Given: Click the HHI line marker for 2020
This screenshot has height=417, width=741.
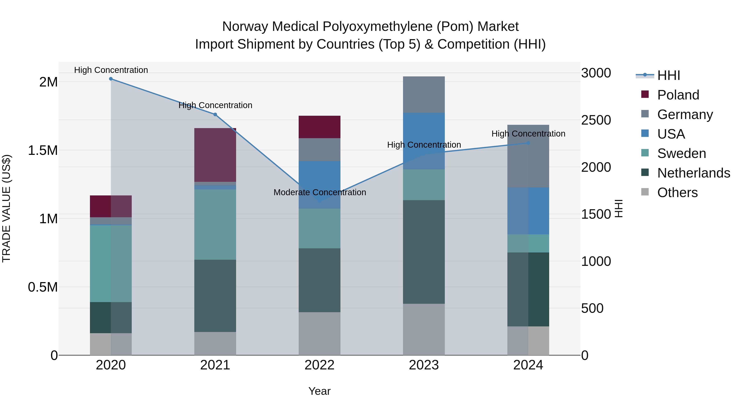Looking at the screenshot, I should click(111, 79).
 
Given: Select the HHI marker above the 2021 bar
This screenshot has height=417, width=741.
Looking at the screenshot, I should click(215, 114).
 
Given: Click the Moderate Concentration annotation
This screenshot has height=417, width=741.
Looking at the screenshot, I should click(320, 192).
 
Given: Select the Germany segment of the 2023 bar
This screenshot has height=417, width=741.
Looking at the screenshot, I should click(424, 94).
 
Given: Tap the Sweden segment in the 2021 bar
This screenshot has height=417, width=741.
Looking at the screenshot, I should click(215, 224).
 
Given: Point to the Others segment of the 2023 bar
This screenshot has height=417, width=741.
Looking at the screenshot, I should click(424, 329).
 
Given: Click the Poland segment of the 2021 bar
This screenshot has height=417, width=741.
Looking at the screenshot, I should click(215, 155).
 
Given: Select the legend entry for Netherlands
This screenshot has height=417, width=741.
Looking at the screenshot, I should click(693, 173).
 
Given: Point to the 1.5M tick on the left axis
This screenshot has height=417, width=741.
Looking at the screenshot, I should click(43, 151).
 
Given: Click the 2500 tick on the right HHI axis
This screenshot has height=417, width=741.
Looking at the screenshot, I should click(596, 120).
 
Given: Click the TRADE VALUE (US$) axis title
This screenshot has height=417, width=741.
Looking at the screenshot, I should click(7, 208).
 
